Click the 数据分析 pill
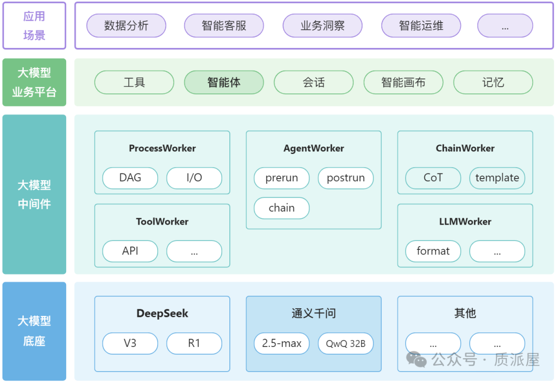(126, 26)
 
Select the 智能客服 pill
(224, 26)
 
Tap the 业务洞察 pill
(322, 26)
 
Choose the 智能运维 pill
(421, 26)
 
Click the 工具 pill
(134, 83)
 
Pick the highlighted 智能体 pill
(224, 83)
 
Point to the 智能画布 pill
(404, 83)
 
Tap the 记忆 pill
(493, 83)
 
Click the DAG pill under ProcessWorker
(130, 178)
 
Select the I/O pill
(194, 178)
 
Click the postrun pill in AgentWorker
(346, 178)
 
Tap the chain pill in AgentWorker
(282, 208)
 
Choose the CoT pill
(433, 178)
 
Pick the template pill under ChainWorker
(497, 178)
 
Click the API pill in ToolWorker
(130, 251)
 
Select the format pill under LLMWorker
(433, 251)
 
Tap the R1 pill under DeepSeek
(194, 343)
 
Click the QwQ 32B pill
(346, 343)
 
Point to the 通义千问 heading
(314, 313)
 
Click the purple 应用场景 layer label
(34, 26)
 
